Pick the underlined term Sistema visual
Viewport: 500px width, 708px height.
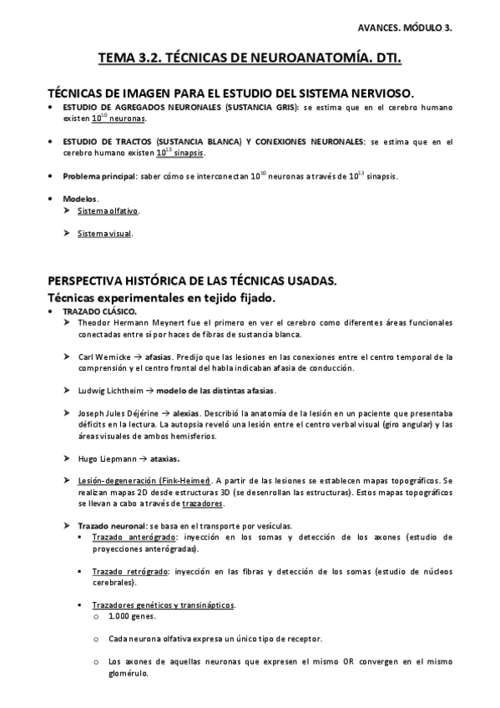pos(104,234)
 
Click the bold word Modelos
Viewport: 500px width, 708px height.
pos(80,199)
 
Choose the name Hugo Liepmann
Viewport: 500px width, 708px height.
pos(99,458)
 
